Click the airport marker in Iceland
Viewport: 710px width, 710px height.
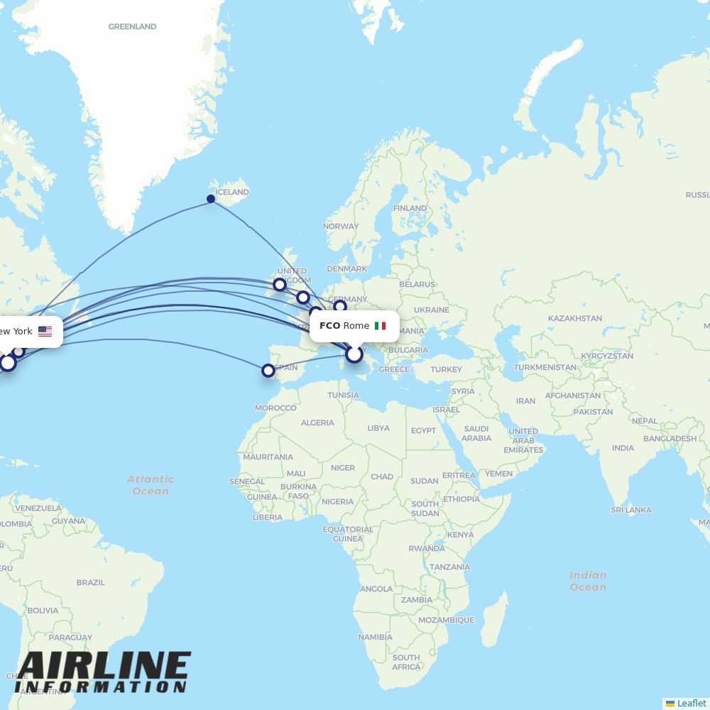[x=211, y=199]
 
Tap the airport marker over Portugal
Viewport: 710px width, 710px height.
[x=268, y=371]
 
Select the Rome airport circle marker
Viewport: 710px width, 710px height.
[x=354, y=354]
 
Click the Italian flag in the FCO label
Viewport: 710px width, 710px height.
[x=381, y=326]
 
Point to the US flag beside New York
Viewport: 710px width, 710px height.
[x=45, y=332]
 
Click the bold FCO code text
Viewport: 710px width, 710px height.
[x=329, y=326]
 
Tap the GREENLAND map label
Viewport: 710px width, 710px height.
[x=132, y=27]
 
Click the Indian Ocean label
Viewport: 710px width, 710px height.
[x=588, y=581]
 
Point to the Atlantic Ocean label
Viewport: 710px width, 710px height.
[x=151, y=485]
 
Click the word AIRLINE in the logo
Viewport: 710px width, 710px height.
[x=103, y=667]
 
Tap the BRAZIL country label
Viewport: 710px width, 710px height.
[x=90, y=582]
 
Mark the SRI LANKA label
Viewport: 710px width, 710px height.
[x=631, y=510]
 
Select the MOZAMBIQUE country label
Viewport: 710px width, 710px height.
[x=446, y=620]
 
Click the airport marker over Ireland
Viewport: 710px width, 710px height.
[x=280, y=285]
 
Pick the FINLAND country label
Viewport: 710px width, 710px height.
[x=410, y=208]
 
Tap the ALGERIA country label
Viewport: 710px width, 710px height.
[x=317, y=422]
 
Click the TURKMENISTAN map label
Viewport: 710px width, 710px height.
[x=545, y=368]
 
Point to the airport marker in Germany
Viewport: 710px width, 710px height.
[x=340, y=306]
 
